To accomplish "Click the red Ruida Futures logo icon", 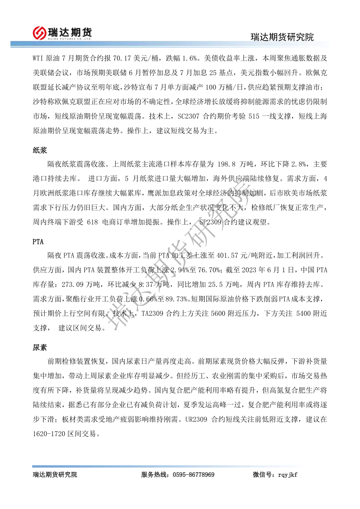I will pyautogui.click(x=40, y=33).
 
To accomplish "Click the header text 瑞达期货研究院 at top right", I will pyautogui.click(x=282, y=37).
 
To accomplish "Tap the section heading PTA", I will pyautogui.click(x=38, y=242).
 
